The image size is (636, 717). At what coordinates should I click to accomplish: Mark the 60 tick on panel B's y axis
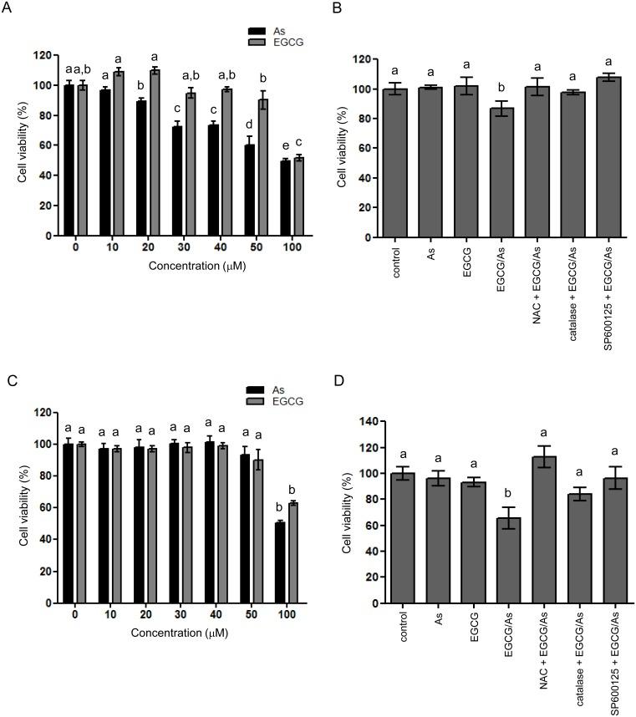362,148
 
